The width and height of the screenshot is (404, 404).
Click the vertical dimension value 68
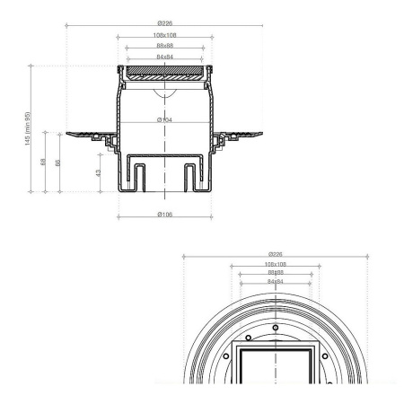(x=45, y=162)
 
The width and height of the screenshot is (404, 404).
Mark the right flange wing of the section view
(x=240, y=135)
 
